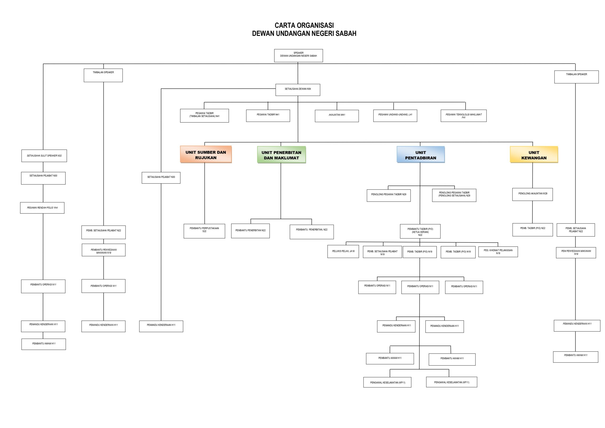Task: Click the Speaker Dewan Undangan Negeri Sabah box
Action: (298, 56)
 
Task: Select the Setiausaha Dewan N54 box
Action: (298, 90)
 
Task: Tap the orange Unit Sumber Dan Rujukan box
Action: (206, 155)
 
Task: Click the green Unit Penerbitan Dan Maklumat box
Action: (281, 155)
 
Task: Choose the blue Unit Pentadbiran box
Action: (421, 155)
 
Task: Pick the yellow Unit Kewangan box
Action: (534, 155)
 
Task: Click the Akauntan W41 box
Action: (337, 116)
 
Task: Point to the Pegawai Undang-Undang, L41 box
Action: (395, 115)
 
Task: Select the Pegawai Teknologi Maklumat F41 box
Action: (463, 115)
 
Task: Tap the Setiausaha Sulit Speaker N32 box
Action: (44, 156)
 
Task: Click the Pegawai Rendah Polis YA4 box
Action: (42, 208)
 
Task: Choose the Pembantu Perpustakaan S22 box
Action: (204, 231)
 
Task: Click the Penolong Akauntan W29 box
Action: (532, 194)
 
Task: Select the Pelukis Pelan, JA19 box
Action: (343, 252)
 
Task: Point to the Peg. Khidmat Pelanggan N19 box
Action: (498, 252)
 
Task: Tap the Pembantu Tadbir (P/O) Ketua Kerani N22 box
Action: (420, 231)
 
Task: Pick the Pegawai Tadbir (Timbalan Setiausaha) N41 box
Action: (204, 115)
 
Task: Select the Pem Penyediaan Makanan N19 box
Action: (576, 252)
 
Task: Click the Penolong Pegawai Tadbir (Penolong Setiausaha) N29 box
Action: (454, 195)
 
